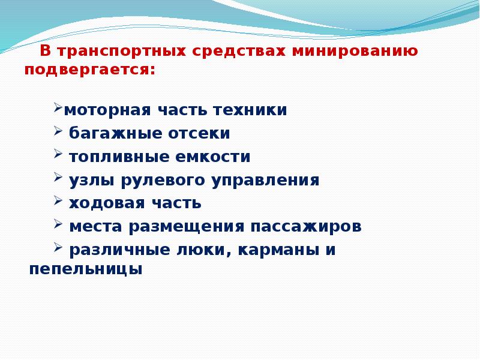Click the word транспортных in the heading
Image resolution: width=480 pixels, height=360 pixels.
coord(121,52)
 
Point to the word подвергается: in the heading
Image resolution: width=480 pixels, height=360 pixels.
coord(89,70)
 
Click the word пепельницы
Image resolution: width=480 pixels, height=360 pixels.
coord(86,269)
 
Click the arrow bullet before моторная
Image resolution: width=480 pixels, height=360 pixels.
coord(58,108)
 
